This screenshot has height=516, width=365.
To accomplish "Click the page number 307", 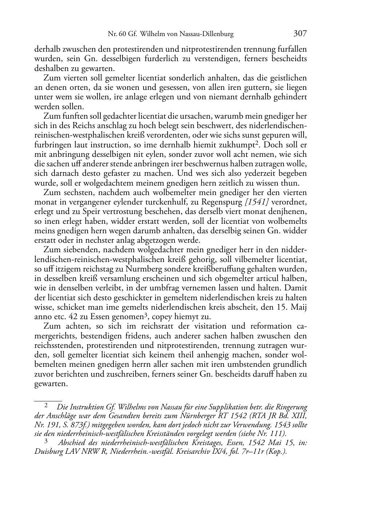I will (300, 34).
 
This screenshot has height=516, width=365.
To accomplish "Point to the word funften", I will (73, 116).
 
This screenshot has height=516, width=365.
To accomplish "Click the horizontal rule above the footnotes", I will (48, 400).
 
